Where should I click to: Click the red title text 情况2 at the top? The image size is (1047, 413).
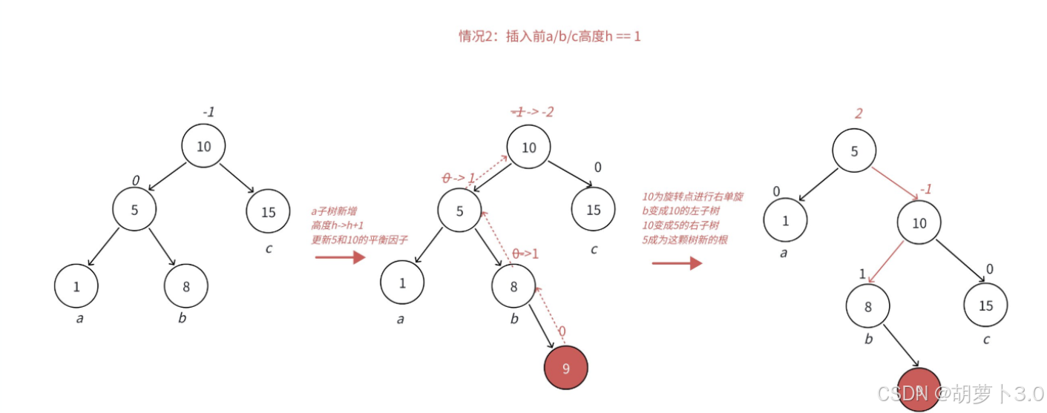(549, 36)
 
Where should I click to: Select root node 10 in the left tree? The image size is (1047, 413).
(203, 146)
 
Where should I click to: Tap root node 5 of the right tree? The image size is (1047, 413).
(854, 151)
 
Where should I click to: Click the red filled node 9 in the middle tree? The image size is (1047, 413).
(565, 368)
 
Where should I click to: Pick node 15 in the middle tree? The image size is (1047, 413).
(593, 210)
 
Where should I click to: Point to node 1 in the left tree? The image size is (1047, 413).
(76, 285)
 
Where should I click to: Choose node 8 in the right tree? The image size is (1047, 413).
(867, 306)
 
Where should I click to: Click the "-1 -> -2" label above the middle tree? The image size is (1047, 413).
(533, 112)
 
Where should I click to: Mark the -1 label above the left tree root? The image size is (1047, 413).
(209, 112)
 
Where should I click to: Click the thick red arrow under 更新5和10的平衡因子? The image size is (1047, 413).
(341, 257)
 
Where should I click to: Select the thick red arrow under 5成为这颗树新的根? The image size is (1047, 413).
(677, 262)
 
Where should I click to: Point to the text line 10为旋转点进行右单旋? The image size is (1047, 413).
(692, 196)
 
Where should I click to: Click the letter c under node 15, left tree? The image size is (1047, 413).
(269, 248)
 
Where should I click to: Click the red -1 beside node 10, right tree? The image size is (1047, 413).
(925, 190)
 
